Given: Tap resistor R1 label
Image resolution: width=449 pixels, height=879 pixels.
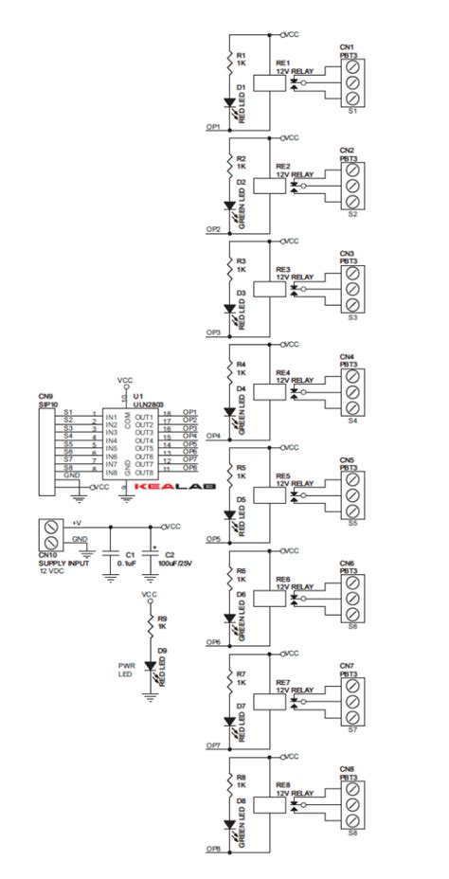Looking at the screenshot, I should click(241, 58).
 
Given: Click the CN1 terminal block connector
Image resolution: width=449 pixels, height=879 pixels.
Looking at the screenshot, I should click(352, 83).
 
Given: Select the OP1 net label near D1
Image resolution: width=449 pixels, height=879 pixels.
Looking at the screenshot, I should click(213, 126).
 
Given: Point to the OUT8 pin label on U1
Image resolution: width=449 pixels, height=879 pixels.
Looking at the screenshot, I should click(144, 471).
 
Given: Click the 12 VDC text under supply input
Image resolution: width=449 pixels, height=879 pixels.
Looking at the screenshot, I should click(52, 571).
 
